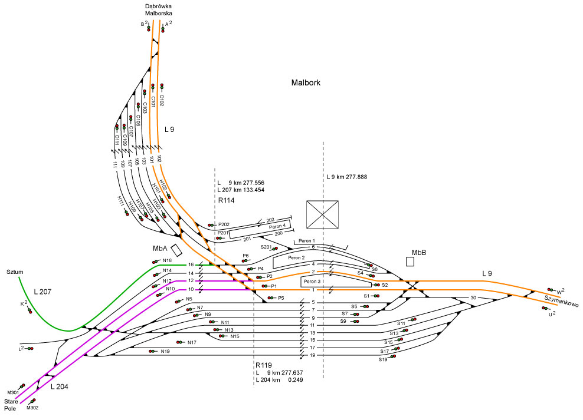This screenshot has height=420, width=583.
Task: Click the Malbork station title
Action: point(306,83)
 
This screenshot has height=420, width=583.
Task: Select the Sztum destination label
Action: point(15,272)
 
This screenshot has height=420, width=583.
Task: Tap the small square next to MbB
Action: point(411,261)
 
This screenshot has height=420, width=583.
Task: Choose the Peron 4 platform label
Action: point(277,226)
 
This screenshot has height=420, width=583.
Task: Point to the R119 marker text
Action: point(264,365)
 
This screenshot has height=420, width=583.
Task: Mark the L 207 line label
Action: point(44,292)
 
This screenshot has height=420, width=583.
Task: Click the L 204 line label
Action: point(61,387)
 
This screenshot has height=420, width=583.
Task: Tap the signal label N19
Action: point(165,352)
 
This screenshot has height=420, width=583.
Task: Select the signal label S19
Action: point(383,359)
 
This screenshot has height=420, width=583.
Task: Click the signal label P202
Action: point(224,224)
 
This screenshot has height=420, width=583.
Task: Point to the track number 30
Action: point(473,297)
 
